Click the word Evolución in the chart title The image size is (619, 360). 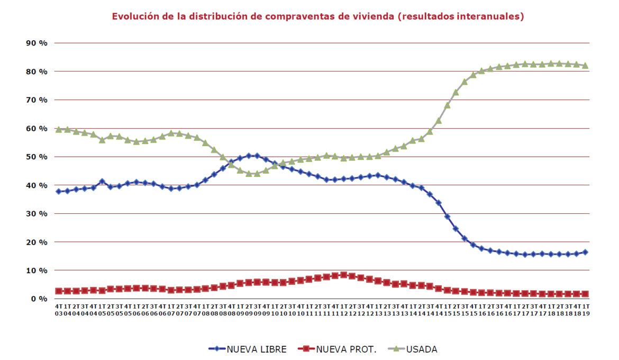pos(134,16)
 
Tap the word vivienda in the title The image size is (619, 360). pos(370,16)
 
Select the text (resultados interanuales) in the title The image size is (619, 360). pos(460,16)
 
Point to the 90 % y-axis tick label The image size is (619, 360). pos(36,43)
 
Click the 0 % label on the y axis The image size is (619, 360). pos(39,299)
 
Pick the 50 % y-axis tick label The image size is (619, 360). pos(36,157)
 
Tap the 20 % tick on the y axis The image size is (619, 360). pos(36,242)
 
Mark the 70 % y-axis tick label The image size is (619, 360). pos(36,100)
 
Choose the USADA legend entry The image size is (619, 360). pos(421,349)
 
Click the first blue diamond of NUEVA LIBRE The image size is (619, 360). pos(58,191)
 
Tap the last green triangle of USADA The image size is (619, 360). pos(585,66)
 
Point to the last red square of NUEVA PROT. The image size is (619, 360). pos(585,294)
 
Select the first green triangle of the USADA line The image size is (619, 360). pos(58,129)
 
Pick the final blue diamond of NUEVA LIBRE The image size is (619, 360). pos(585,252)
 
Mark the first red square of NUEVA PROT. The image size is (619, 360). pos(58,291)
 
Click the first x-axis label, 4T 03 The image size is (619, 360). pos(58,310)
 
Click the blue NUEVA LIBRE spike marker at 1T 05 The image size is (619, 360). pos(102,182)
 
